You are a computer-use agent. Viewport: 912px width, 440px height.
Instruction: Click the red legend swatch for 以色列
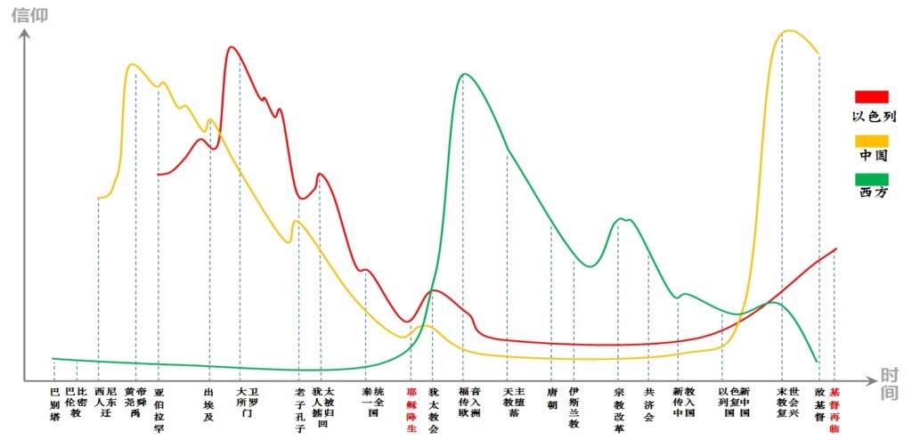[x=871, y=97]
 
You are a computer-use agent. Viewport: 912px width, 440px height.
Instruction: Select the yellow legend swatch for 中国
[x=871, y=141]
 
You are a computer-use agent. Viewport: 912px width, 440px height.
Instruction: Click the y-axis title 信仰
[x=29, y=15]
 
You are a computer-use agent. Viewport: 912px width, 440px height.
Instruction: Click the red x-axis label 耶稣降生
[x=411, y=410]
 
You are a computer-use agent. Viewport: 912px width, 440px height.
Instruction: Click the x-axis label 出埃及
[x=209, y=402]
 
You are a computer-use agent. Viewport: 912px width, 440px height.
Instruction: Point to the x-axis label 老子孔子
[x=300, y=410]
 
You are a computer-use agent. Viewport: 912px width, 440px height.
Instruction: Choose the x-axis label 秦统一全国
[x=373, y=395]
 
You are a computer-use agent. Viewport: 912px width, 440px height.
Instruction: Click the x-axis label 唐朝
[x=551, y=395]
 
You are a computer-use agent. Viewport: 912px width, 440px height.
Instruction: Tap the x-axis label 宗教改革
[x=619, y=410]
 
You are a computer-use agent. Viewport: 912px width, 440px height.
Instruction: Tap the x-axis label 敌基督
[x=819, y=402]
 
